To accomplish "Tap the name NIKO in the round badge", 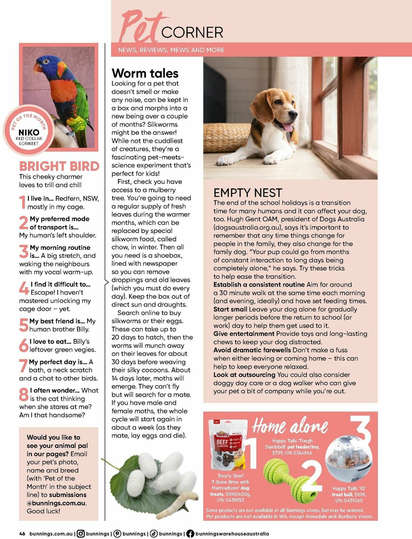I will [x=29, y=132].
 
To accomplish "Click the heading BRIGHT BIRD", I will [x=59, y=166].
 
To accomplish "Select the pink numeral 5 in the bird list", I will [x=23, y=325].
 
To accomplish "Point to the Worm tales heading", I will [x=145, y=73].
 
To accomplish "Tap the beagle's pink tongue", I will [x=288, y=127].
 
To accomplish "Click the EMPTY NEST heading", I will [x=248, y=193].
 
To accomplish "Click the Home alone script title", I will [x=290, y=427].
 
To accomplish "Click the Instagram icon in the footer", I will [x=81, y=533].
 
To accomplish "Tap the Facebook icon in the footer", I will [x=190, y=533].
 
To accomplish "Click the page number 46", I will [x=22, y=533].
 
